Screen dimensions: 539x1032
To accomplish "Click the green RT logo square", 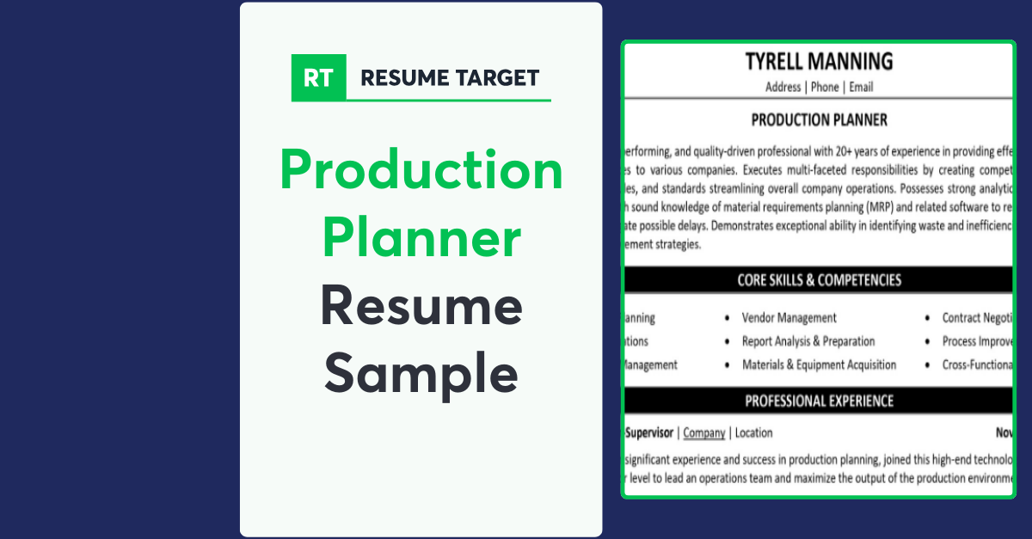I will [318, 78].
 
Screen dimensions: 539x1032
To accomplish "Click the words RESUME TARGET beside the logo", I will [450, 78].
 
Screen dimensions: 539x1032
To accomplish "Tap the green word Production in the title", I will [421, 170].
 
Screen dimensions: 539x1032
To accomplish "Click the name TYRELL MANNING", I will [819, 62].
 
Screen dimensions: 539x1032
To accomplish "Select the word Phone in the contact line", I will [825, 87].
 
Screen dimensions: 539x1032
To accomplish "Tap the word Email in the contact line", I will [861, 87].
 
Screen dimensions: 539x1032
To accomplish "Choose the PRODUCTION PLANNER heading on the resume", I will [819, 120].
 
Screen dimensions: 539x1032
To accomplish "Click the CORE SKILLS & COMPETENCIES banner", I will [819, 280].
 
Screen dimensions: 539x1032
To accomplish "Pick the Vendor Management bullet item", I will [789, 318].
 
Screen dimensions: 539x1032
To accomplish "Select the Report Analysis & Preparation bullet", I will [808, 341].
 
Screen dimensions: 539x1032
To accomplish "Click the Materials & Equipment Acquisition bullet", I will [819, 364].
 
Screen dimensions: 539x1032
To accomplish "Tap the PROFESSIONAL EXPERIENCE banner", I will [819, 401].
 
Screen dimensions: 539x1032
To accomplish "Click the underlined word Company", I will [704, 433].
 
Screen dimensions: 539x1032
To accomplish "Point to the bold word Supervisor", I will [649, 433].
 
